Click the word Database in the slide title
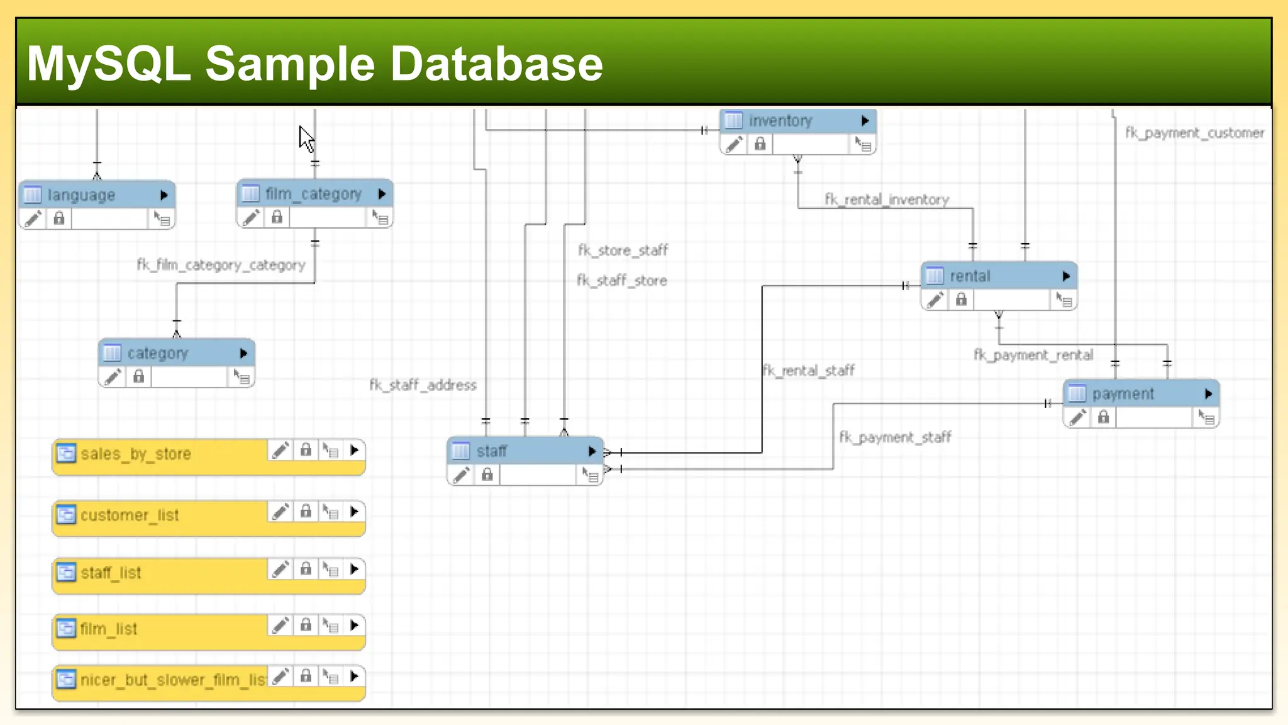[496, 64]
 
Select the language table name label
[81, 195]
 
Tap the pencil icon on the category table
[113, 377]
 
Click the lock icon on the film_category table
[277, 218]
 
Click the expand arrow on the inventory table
[865, 121]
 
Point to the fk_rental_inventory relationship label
[887, 200]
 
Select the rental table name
[970, 276]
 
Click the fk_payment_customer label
[1194, 133]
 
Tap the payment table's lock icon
[1103, 417]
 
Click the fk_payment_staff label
[895, 437]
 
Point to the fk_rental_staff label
[809, 370]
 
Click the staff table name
[491, 451]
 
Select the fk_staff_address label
[423, 385]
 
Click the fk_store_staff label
[623, 250]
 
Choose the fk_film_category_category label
[221, 265]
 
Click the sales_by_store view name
[136, 454]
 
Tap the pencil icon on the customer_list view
[280, 512]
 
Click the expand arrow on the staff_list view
[354, 570]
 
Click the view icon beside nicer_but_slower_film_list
[66, 680]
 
